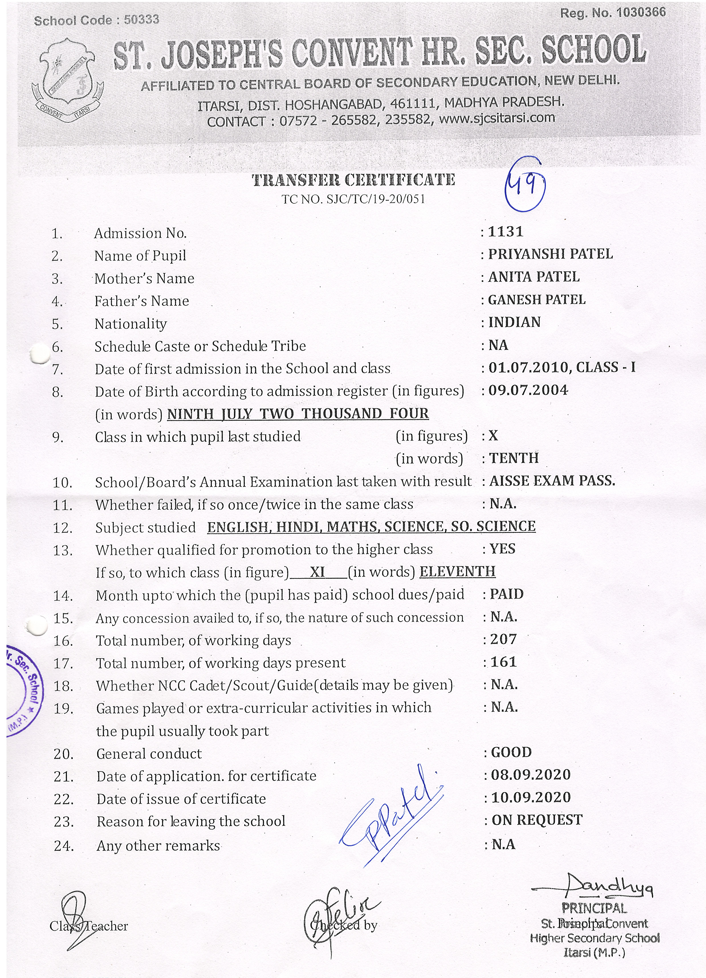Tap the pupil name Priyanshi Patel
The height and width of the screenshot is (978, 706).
tap(550, 254)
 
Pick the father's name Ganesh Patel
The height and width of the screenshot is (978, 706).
tap(537, 300)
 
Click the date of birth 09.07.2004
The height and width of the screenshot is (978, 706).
tap(528, 390)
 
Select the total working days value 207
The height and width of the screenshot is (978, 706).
tap(503, 639)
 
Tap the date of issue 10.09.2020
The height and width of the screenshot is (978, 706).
tap(531, 797)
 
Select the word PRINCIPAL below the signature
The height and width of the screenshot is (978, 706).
tap(594, 909)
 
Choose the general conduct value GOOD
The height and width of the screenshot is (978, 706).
tap(511, 752)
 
